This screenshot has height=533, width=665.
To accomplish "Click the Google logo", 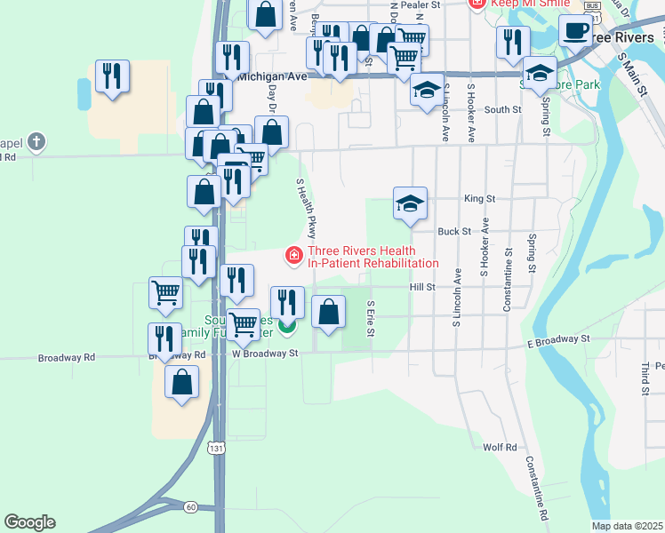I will point(29,522).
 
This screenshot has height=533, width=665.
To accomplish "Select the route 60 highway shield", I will point(191,506).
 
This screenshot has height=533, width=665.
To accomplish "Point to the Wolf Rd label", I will point(500,447).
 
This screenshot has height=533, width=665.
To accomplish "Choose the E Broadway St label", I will point(558,340).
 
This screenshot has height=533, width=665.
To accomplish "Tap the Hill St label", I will point(422,287).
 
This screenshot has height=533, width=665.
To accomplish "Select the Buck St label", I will point(453,231).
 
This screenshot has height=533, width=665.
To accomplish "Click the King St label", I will point(478,199).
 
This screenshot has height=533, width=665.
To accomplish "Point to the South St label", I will point(502,109).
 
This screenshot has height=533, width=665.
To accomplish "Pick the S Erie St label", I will point(371,318).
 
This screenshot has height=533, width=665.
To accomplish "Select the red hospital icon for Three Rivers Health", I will point(292,256).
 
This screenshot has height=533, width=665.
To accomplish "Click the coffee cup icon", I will point(575,31).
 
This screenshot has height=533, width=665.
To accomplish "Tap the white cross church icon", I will point(36,140).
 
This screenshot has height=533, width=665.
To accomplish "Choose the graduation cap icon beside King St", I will point(410,203).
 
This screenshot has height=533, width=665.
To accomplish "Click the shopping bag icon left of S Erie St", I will point(329,312).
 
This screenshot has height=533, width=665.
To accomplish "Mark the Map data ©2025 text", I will point(627,526).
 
